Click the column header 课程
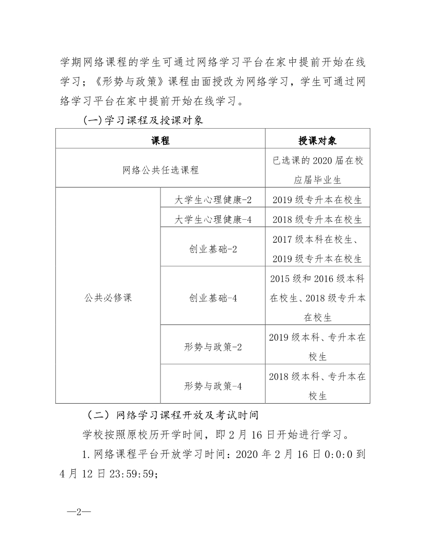pyautogui.click(x=160, y=140)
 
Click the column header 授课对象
pyautogui.click(x=317, y=140)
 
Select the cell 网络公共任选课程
pyautogui.click(x=160, y=169)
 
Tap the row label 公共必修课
pyautogui.click(x=108, y=298)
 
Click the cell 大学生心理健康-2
pyautogui.click(x=213, y=200)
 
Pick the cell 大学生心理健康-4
pyautogui.click(x=213, y=219)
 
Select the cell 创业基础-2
pyautogui.click(x=213, y=249)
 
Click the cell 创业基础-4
pyautogui.click(x=213, y=298)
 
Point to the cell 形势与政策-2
pyautogui.click(x=213, y=347)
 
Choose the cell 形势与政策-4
pyautogui.click(x=213, y=386)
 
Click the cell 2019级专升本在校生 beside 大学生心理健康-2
pyautogui.click(x=317, y=200)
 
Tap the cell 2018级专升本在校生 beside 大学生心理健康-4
pyautogui.click(x=317, y=219)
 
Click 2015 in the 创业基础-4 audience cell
pyautogui.click(x=281, y=279)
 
